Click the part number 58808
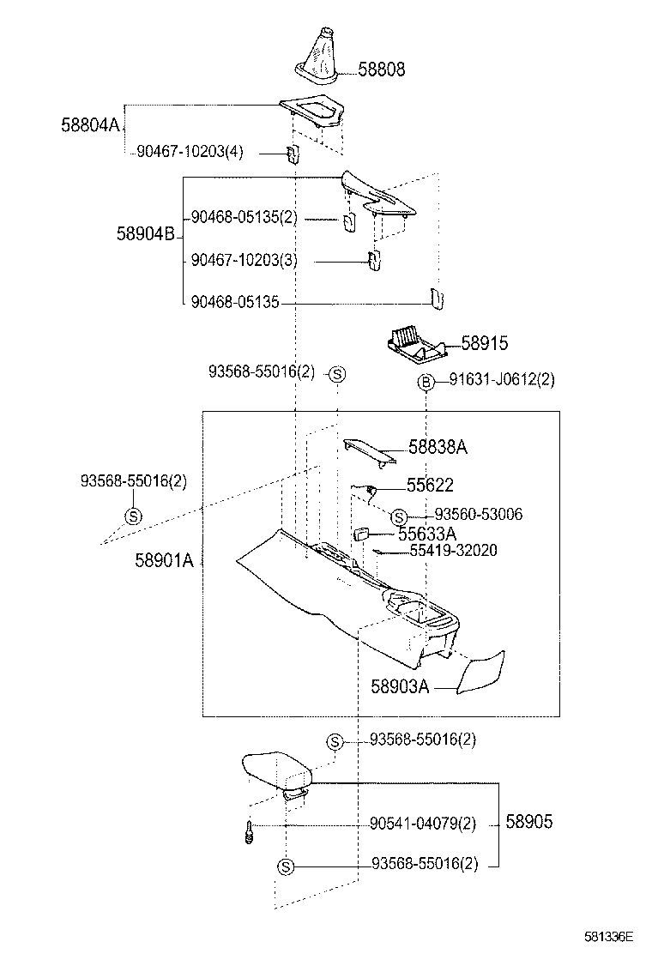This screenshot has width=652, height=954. point(381,69)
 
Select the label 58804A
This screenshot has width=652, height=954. point(90,124)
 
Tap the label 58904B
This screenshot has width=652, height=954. point(146,233)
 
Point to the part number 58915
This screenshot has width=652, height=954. point(484,344)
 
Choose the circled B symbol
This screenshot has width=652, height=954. point(426,383)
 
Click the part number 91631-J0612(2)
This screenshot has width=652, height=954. point(501,380)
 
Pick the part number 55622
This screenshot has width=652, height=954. point(430,485)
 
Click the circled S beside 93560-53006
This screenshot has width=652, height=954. point(398,516)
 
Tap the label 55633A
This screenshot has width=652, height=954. point(426,534)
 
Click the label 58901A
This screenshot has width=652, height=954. point(164,561)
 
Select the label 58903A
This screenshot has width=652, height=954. point(400,686)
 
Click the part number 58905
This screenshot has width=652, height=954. point(528,822)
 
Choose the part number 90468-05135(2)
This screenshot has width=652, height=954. point(244,217)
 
